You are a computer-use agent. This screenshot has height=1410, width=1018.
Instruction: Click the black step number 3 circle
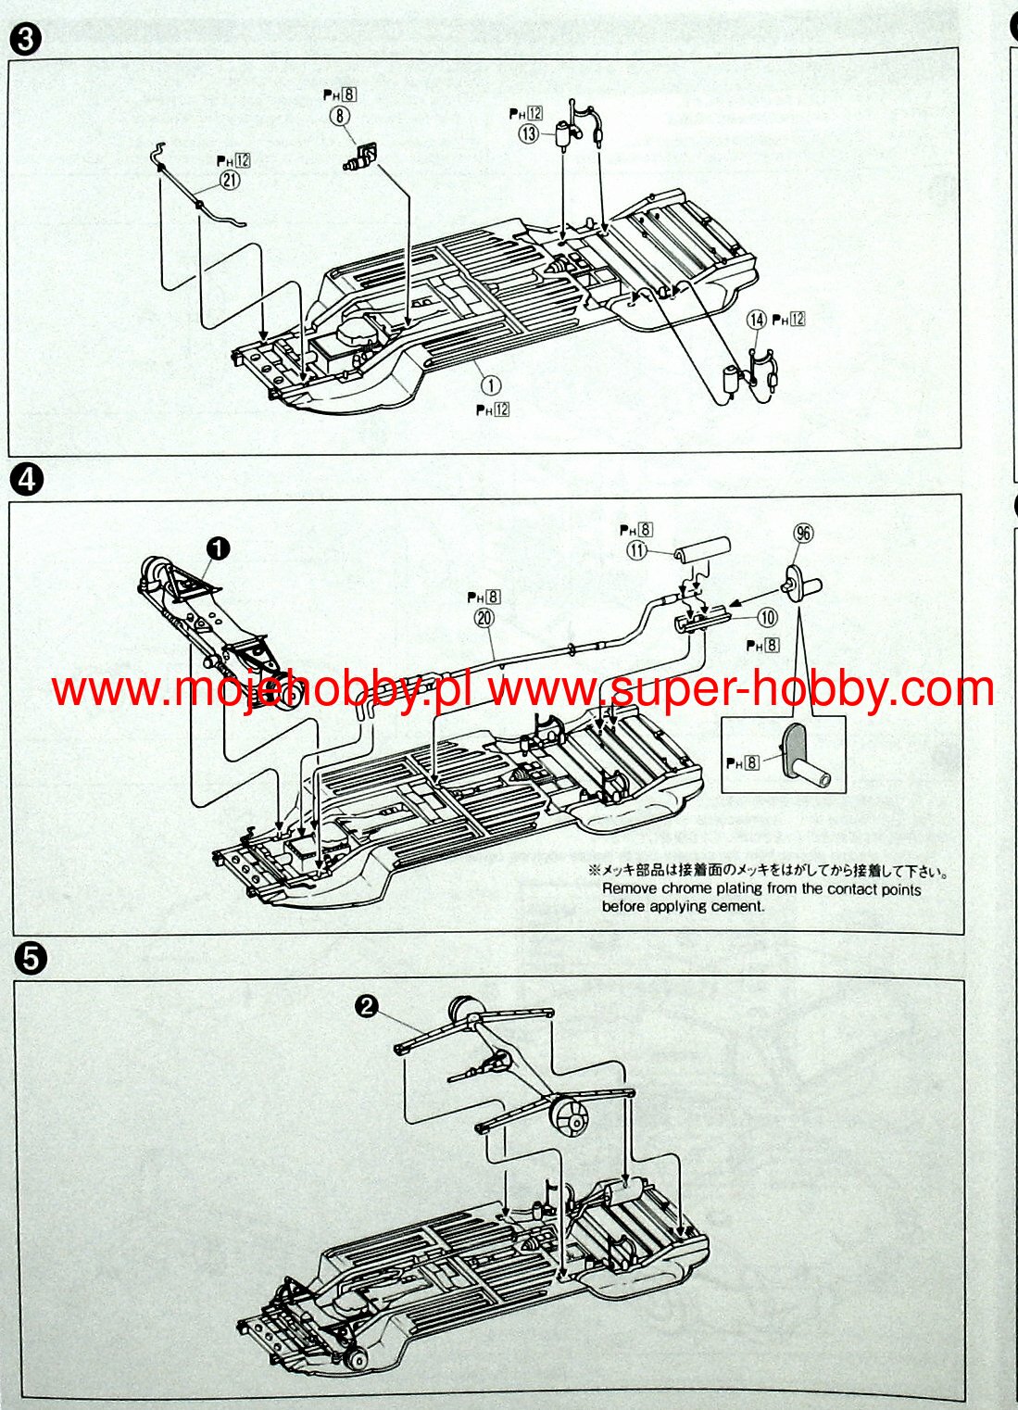pyautogui.click(x=26, y=41)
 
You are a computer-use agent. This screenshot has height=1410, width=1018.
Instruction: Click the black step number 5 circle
pyautogui.click(x=31, y=959)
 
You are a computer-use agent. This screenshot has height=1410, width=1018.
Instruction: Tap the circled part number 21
pyautogui.click(x=229, y=181)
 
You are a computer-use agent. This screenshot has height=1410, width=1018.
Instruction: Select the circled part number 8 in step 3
pyautogui.click(x=339, y=115)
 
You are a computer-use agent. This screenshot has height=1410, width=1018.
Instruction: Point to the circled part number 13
pyautogui.click(x=529, y=133)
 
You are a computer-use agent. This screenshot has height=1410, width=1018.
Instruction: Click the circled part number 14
pyautogui.click(x=758, y=320)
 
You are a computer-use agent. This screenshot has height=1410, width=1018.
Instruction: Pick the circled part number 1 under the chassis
pyautogui.click(x=490, y=384)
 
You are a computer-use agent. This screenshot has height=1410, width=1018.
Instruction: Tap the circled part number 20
pyautogui.click(x=484, y=618)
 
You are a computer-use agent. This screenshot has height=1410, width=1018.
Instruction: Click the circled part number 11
pyautogui.click(x=636, y=550)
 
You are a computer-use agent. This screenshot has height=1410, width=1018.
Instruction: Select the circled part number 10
pyautogui.click(x=767, y=617)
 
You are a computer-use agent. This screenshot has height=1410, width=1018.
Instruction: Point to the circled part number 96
pyautogui.click(x=802, y=533)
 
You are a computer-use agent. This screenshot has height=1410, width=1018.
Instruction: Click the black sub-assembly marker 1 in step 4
pyautogui.click(x=218, y=548)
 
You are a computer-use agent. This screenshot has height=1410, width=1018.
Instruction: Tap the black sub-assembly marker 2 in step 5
pyautogui.click(x=368, y=1006)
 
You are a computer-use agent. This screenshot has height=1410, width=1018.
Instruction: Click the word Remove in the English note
pyautogui.click(x=629, y=889)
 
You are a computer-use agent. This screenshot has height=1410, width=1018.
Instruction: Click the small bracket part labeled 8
pyautogui.click(x=361, y=156)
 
